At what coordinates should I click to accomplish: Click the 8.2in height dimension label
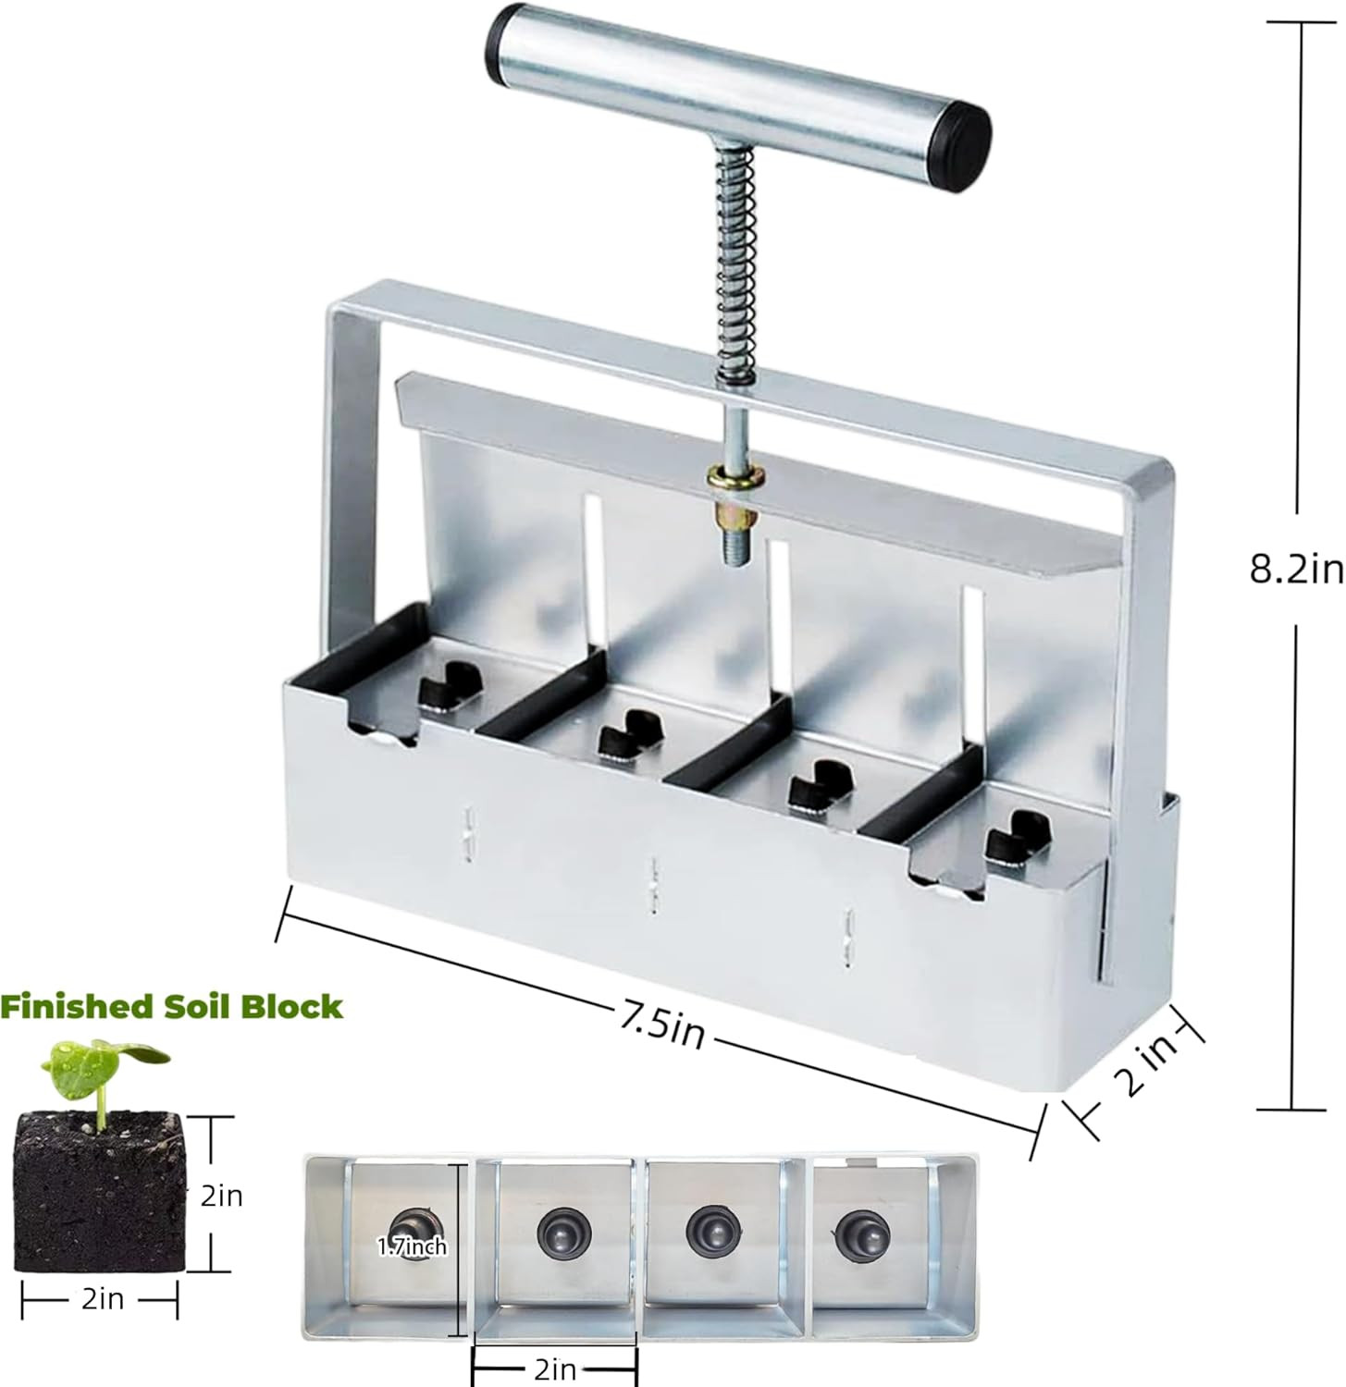[1295, 570]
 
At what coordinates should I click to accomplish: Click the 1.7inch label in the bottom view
[413, 1247]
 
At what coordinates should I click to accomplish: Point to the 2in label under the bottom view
[555, 1368]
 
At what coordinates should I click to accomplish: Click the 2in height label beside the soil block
[222, 1196]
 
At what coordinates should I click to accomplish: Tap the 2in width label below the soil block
[102, 1299]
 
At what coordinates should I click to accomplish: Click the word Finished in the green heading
[77, 1006]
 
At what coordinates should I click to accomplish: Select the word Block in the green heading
[292, 1006]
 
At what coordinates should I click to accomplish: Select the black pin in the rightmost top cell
[1011, 835]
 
